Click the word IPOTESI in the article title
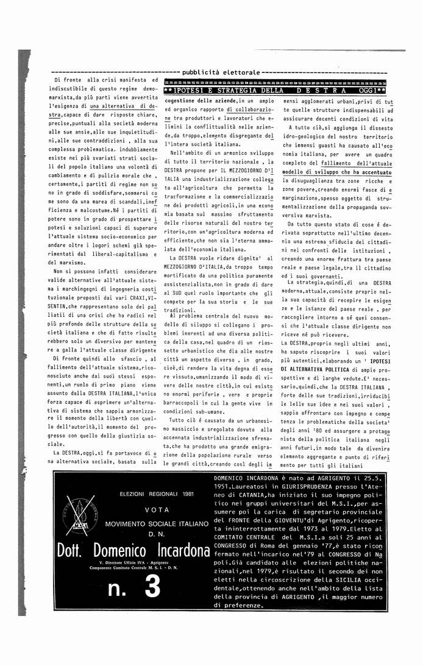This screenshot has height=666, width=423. [x=190, y=91]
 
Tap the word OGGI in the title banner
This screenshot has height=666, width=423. [x=367, y=91]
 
